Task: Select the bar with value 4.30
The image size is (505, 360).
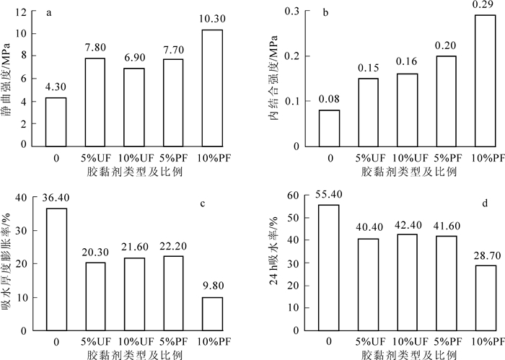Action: click(x=56, y=120)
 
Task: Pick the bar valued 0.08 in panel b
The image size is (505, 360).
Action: click(x=329, y=127)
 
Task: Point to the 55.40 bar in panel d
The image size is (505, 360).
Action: click(x=329, y=267)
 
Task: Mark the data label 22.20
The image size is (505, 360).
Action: click(x=172, y=247)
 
